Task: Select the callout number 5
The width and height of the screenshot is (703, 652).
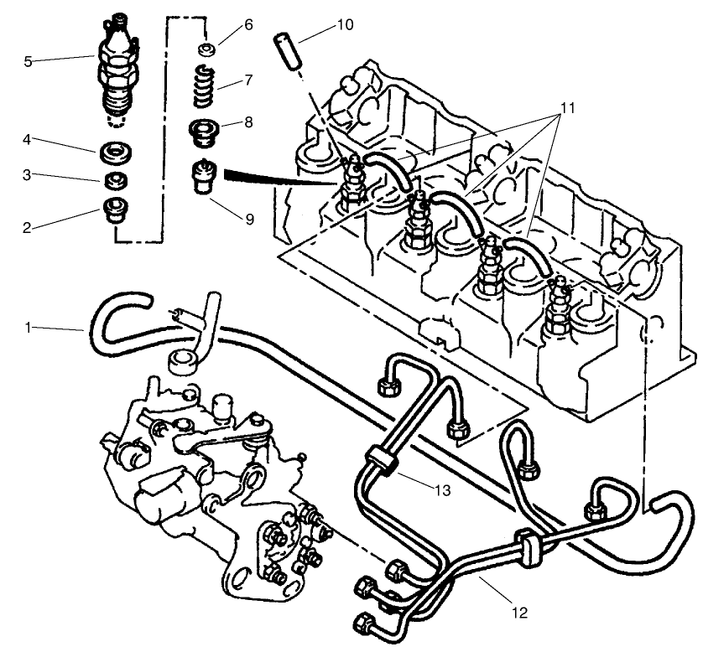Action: pyautogui.click(x=29, y=61)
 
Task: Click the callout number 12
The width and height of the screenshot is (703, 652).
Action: pyautogui.click(x=519, y=613)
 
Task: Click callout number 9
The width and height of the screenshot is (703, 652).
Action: pyautogui.click(x=249, y=220)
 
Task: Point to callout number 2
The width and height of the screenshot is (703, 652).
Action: pyautogui.click(x=29, y=227)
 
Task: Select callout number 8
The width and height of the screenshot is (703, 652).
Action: pyautogui.click(x=248, y=121)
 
